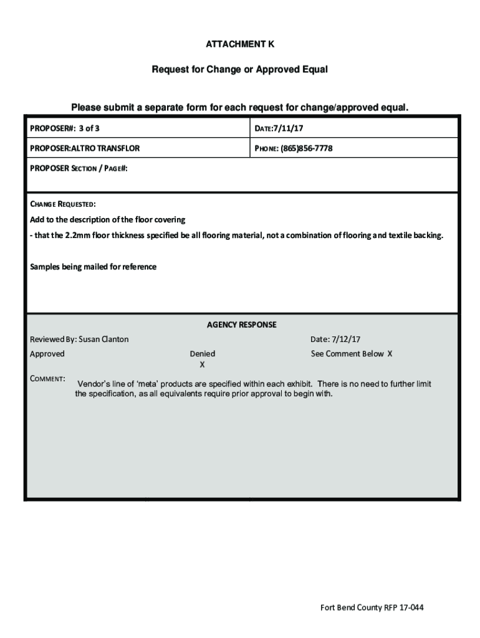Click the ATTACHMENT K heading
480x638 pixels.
click(240, 45)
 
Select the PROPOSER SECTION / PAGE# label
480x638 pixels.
click(79, 168)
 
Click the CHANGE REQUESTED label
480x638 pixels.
click(63, 204)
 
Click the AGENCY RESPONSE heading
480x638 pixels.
click(242, 325)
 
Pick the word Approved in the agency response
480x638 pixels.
click(47, 353)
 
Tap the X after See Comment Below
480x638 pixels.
click(390, 353)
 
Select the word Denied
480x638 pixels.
click(203, 353)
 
